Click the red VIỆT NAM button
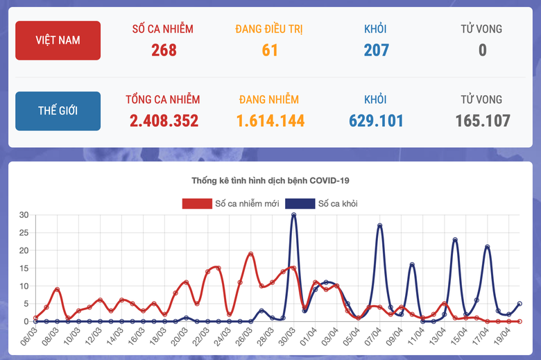click(x=58, y=40)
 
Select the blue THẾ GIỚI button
click(x=58, y=111)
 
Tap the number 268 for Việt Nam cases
click(x=164, y=50)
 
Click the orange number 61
click(x=270, y=50)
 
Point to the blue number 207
click(x=376, y=50)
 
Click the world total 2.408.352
click(x=164, y=121)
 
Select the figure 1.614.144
click(x=270, y=121)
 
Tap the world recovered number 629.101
click(x=376, y=121)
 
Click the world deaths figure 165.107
click(x=482, y=121)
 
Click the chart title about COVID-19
click(x=270, y=180)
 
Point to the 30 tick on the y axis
click(x=24, y=215)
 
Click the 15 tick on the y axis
click(x=24, y=268)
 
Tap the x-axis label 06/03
click(x=29, y=337)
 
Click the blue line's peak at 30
click(x=294, y=215)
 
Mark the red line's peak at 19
click(x=251, y=254)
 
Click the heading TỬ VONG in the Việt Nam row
click(x=482, y=29)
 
